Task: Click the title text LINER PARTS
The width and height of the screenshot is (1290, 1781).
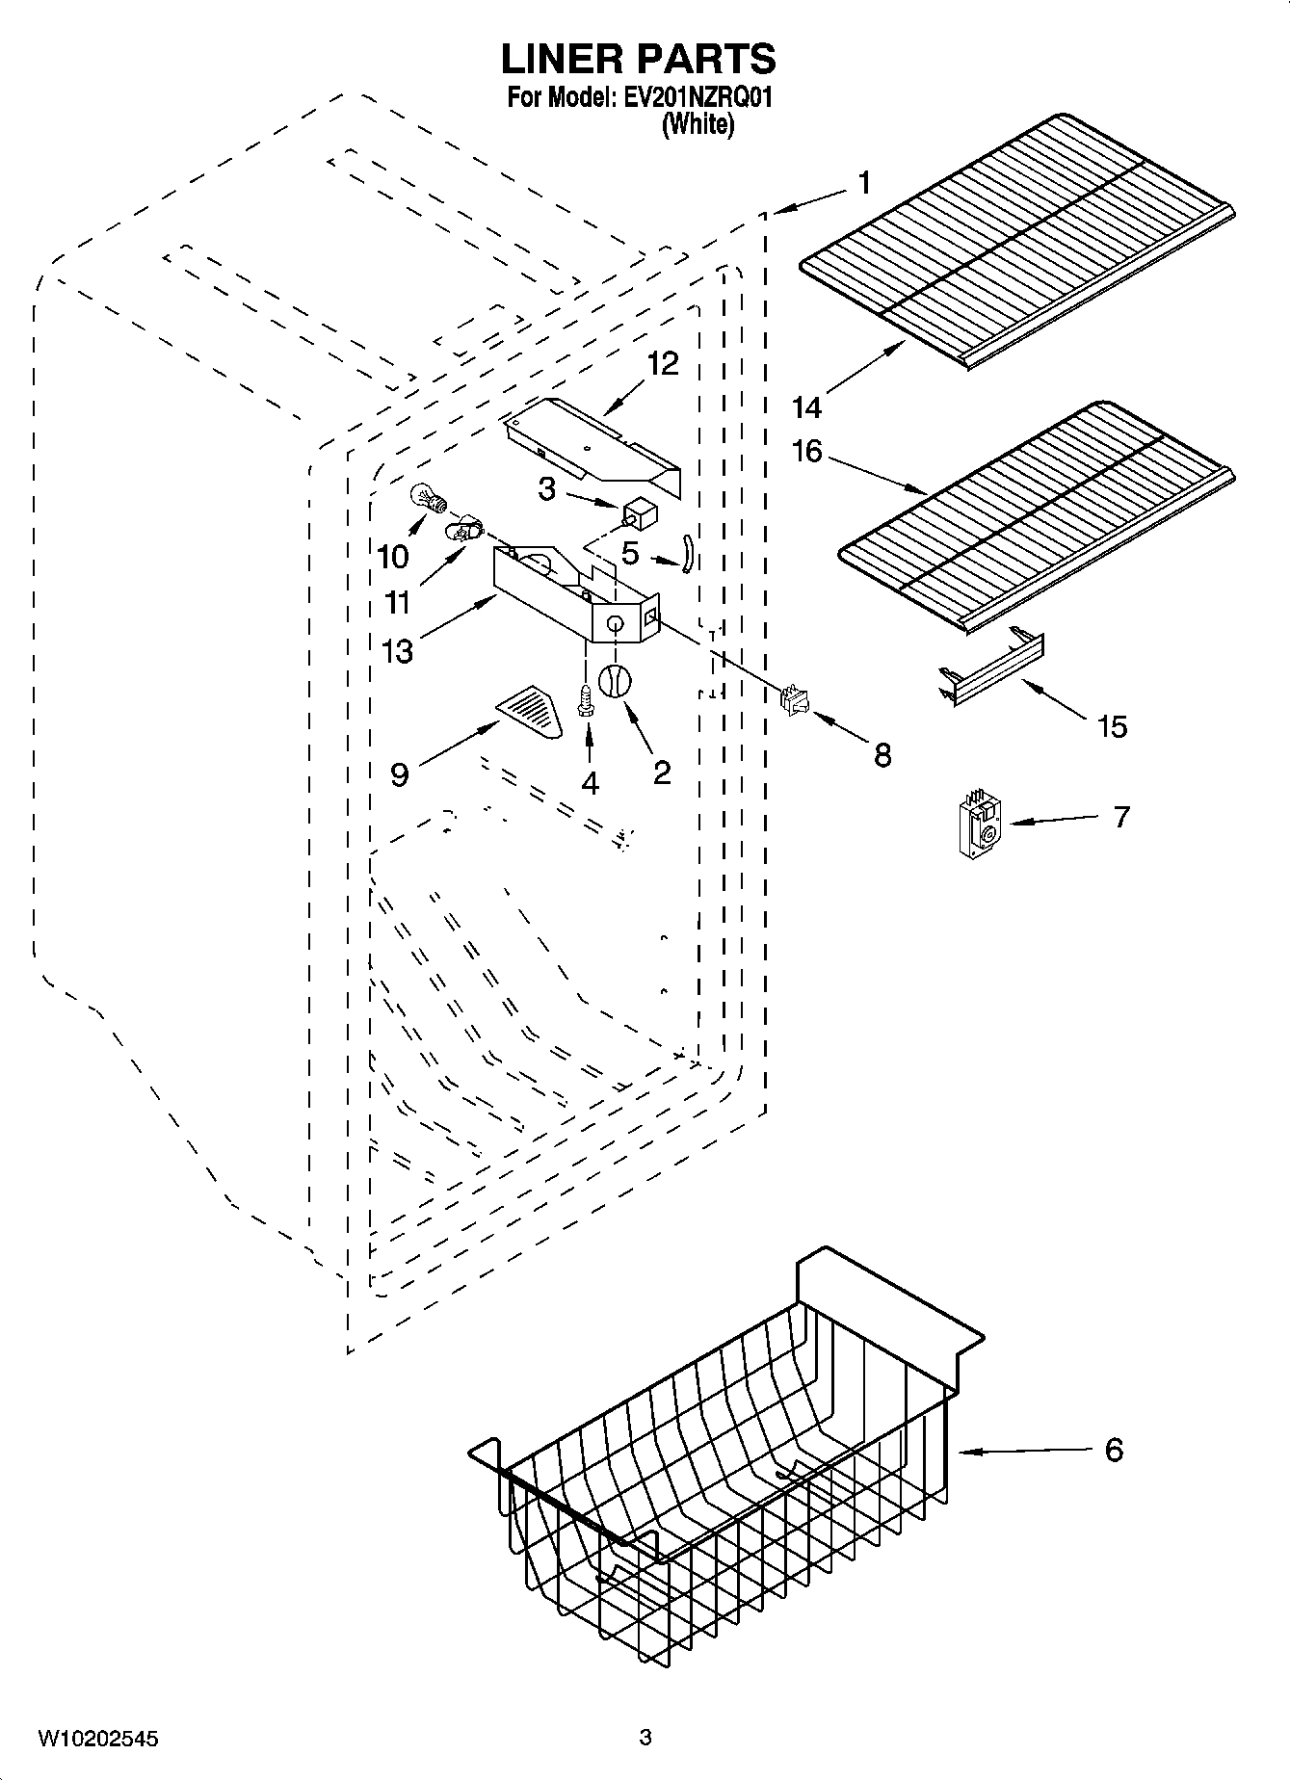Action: (638, 60)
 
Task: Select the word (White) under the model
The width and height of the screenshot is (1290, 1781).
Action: (698, 124)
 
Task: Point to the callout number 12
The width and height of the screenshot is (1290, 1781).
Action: (663, 363)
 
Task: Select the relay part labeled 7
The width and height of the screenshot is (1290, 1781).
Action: (977, 825)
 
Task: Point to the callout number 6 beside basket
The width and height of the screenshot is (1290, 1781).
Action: (1114, 1450)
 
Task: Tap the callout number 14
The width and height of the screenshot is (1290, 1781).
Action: (806, 407)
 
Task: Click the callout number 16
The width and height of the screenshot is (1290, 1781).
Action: (807, 450)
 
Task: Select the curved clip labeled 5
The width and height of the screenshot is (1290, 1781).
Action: (688, 555)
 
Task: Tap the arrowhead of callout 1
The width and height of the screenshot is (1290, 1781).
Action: (777, 209)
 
